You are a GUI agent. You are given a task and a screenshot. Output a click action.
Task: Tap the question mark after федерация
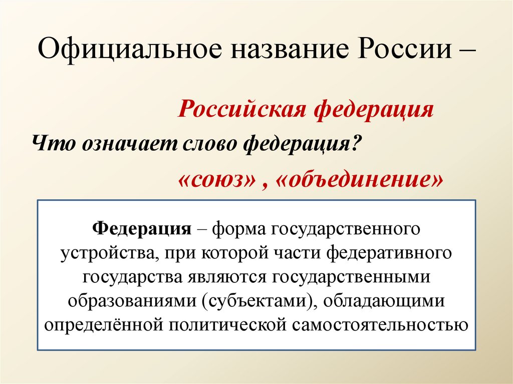pyautogui.click(x=356, y=144)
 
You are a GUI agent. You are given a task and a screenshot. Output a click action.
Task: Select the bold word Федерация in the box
pyautogui.click(x=142, y=229)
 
